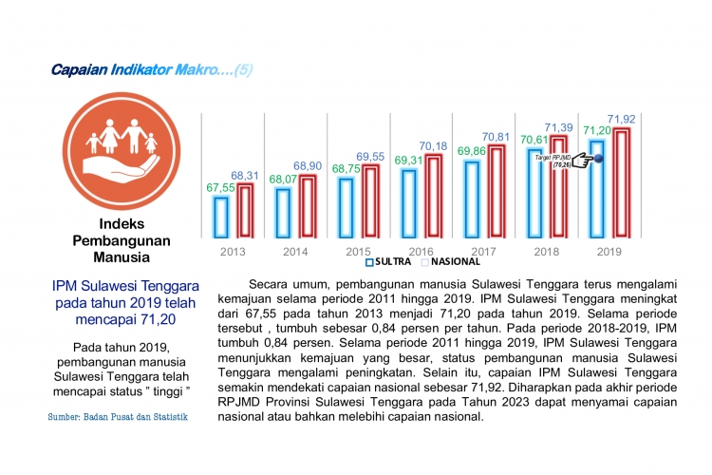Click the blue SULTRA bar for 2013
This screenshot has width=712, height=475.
point(221,216)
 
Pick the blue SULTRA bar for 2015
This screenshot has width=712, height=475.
point(347,206)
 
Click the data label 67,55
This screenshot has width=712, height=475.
point(220,188)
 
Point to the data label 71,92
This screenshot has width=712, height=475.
point(621,119)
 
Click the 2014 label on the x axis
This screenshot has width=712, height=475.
point(296,252)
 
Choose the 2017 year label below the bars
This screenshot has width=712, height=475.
point(484,252)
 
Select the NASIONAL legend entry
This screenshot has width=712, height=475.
point(451,261)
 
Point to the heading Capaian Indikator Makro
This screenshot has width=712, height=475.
point(152,70)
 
